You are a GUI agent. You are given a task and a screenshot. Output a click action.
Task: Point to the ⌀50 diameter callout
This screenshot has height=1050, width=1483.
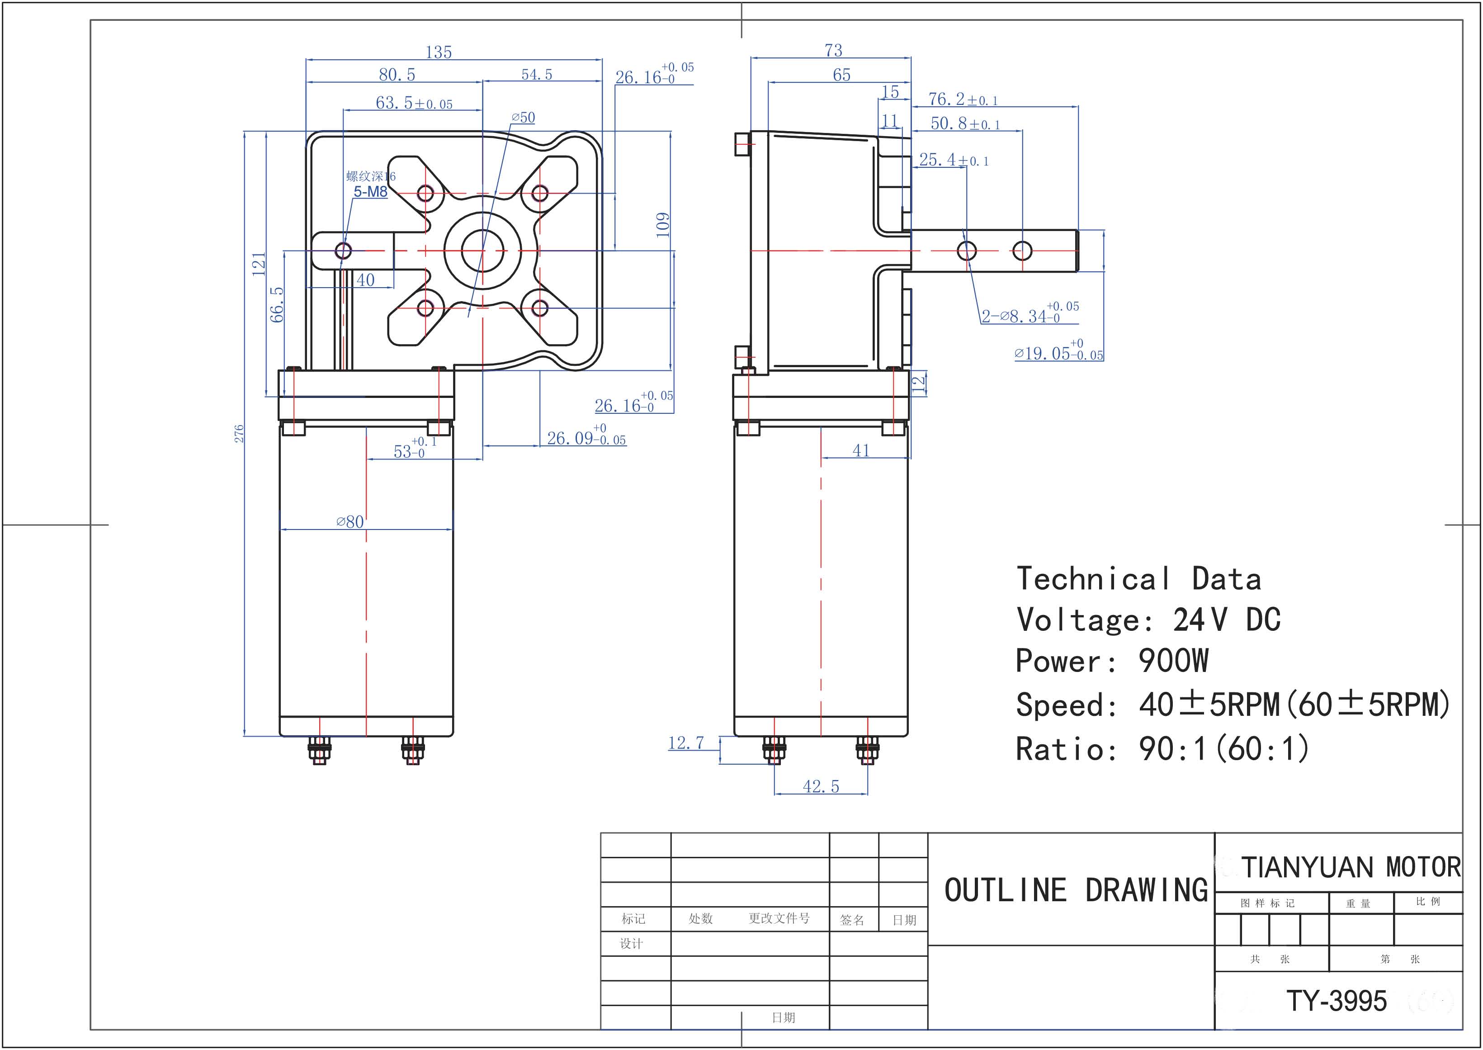pos(523,118)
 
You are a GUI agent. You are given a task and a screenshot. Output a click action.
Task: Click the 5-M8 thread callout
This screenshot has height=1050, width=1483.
pos(370,191)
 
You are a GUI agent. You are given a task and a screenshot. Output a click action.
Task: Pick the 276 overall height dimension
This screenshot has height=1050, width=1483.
pos(239,434)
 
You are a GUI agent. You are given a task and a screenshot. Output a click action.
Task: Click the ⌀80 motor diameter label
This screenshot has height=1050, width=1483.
pos(350,522)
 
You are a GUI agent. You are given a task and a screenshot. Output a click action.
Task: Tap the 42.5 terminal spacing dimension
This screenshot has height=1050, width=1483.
pos(821,787)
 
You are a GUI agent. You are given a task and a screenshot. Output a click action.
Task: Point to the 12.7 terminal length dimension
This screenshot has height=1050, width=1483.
pos(686,743)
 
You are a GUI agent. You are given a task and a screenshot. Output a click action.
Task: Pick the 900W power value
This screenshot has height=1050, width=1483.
pos(1173,661)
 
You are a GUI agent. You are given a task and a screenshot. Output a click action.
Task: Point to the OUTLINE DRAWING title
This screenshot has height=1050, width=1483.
pos(1077,890)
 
